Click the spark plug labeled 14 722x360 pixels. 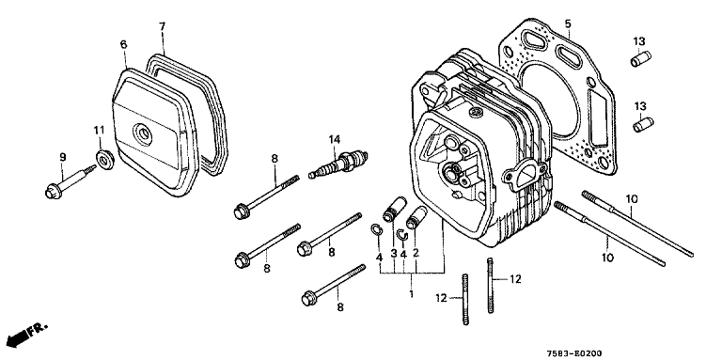pos(339,164)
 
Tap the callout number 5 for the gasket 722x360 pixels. pos(568,23)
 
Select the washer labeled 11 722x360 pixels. pos(105,159)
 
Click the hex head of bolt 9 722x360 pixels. pos(51,191)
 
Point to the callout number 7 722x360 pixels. pos(162,26)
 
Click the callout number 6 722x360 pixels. pos(123,45)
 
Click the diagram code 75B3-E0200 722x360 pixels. pos(573,353)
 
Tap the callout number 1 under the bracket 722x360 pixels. pos(411,293)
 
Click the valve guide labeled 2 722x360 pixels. pos(416,217)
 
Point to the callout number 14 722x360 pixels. pos(335,138)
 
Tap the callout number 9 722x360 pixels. pos(63,157)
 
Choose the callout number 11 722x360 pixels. pos(100,131)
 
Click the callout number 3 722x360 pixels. pos(394,253)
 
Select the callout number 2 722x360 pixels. pos(416,253)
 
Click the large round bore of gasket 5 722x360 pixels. pos(549,99)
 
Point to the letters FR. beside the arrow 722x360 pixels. pos(37,329)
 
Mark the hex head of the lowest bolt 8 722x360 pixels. pos(308,299)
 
